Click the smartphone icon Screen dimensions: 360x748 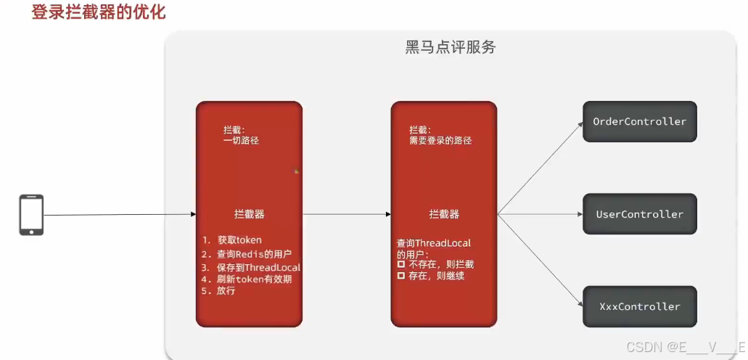(31, 214)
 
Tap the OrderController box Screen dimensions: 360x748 (639, 121)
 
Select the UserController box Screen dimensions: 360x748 (639, 214)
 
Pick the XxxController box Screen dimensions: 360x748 (639, 306)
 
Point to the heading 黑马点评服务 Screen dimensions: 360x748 (451, 48)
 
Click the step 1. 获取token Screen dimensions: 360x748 (231, 240)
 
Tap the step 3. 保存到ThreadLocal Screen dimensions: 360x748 (250, 266)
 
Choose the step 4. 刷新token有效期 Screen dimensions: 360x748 (247, 279)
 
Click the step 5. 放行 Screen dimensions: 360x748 (218, 291)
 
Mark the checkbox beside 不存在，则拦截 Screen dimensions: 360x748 (400, 264)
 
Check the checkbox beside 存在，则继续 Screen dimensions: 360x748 (400, 276)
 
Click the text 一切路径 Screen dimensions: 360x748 (241, 140)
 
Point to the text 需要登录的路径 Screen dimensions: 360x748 (440, 140)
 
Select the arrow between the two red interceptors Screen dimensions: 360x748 (347, 214)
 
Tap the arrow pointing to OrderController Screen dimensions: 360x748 (541, 168)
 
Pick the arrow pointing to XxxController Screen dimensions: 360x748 (541, 261)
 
